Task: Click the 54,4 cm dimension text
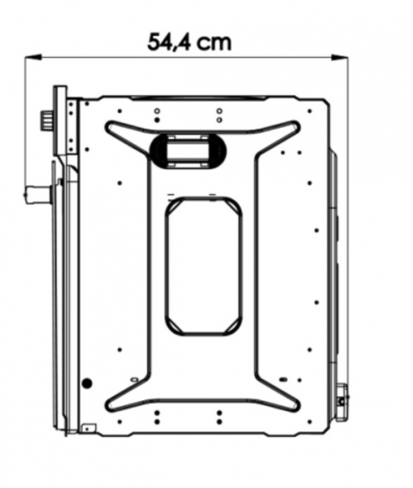[189, 42]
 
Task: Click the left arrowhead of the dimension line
[33, 58]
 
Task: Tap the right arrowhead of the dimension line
[340, 58]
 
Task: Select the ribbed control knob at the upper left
[46, 120]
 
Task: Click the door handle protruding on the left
[37, 194]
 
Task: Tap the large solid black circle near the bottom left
[87, 383]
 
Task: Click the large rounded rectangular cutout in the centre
[204, 265]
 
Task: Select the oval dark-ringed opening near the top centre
[188, 151]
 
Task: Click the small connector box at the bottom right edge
[341, 402]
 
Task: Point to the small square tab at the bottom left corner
[89, 429]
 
